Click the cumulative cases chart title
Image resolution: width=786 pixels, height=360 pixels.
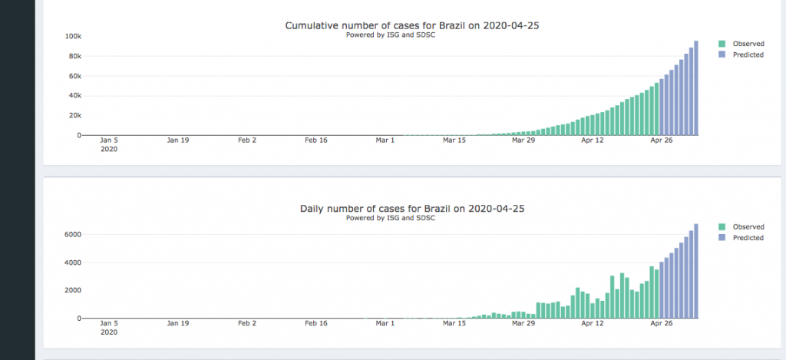(x=418, y=25)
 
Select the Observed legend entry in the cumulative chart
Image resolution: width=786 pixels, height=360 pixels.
(x=748, y=44)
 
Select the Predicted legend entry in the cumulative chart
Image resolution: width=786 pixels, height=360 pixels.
(x=748, y=54)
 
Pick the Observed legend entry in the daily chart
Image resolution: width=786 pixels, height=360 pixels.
(x=748, y=227)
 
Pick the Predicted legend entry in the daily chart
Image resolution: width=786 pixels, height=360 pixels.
(x=748, y=238)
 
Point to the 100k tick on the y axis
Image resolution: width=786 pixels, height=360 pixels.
(x=74, y=37)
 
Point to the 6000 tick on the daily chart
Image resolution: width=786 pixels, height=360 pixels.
(x=73, y=234)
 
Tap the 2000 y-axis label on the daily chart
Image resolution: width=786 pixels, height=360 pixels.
(x=73, y=290)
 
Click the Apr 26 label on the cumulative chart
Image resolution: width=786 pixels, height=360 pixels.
(x=662, y=140)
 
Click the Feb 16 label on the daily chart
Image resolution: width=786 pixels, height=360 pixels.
(x=315, y=324)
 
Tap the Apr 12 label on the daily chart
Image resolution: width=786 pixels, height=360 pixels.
(x=593, y=324)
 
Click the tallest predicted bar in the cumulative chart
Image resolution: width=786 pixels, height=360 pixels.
(x=696, y=88)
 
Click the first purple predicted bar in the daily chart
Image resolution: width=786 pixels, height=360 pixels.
(x=662, y=290)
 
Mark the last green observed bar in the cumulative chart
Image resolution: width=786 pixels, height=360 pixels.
(x=656, y=109)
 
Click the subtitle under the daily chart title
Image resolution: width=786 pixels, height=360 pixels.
(x=391, y=218)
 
